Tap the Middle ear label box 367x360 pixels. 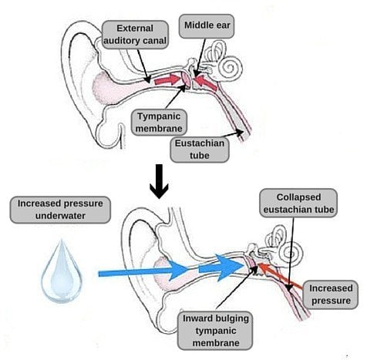(207, 25)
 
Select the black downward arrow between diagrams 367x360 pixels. (158, 183)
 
